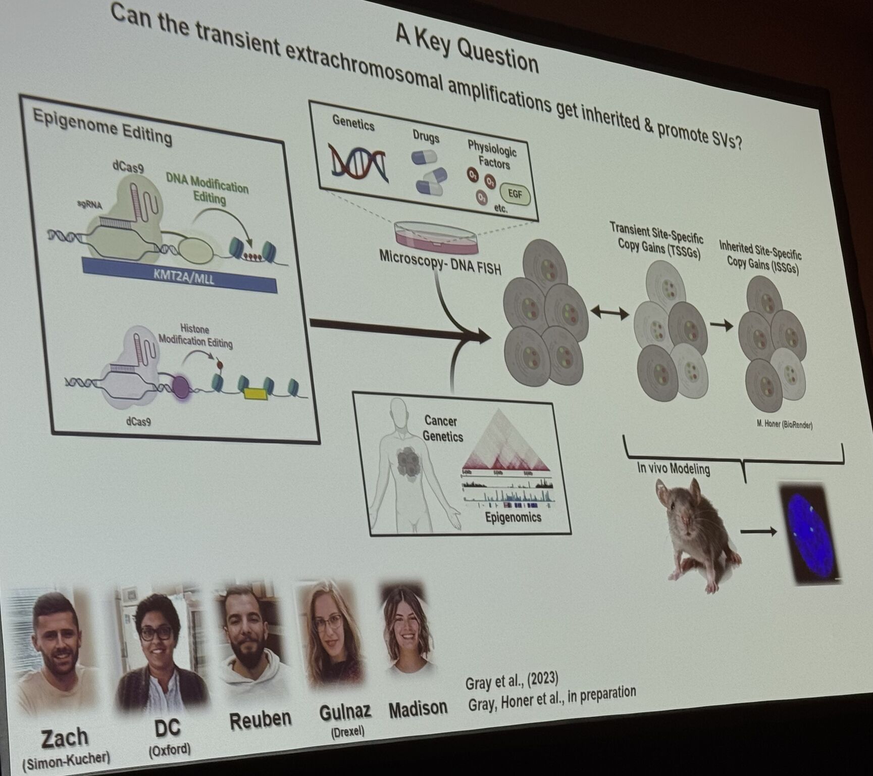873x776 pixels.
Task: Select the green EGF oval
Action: click(x=515, y=194)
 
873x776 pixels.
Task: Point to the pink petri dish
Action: click(x=435, y=237)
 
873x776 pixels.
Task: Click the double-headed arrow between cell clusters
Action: click(x=609, y=313)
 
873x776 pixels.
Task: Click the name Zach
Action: click(x=64, y=738)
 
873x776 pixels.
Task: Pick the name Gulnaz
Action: click(x=345, y=711)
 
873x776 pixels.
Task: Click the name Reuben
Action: click(x=260, y=719)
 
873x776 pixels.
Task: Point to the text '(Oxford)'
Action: click(x=170, y=749)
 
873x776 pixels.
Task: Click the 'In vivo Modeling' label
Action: click(x=673, y=468)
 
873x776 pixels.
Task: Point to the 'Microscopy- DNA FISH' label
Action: click(x=440, y=262)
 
